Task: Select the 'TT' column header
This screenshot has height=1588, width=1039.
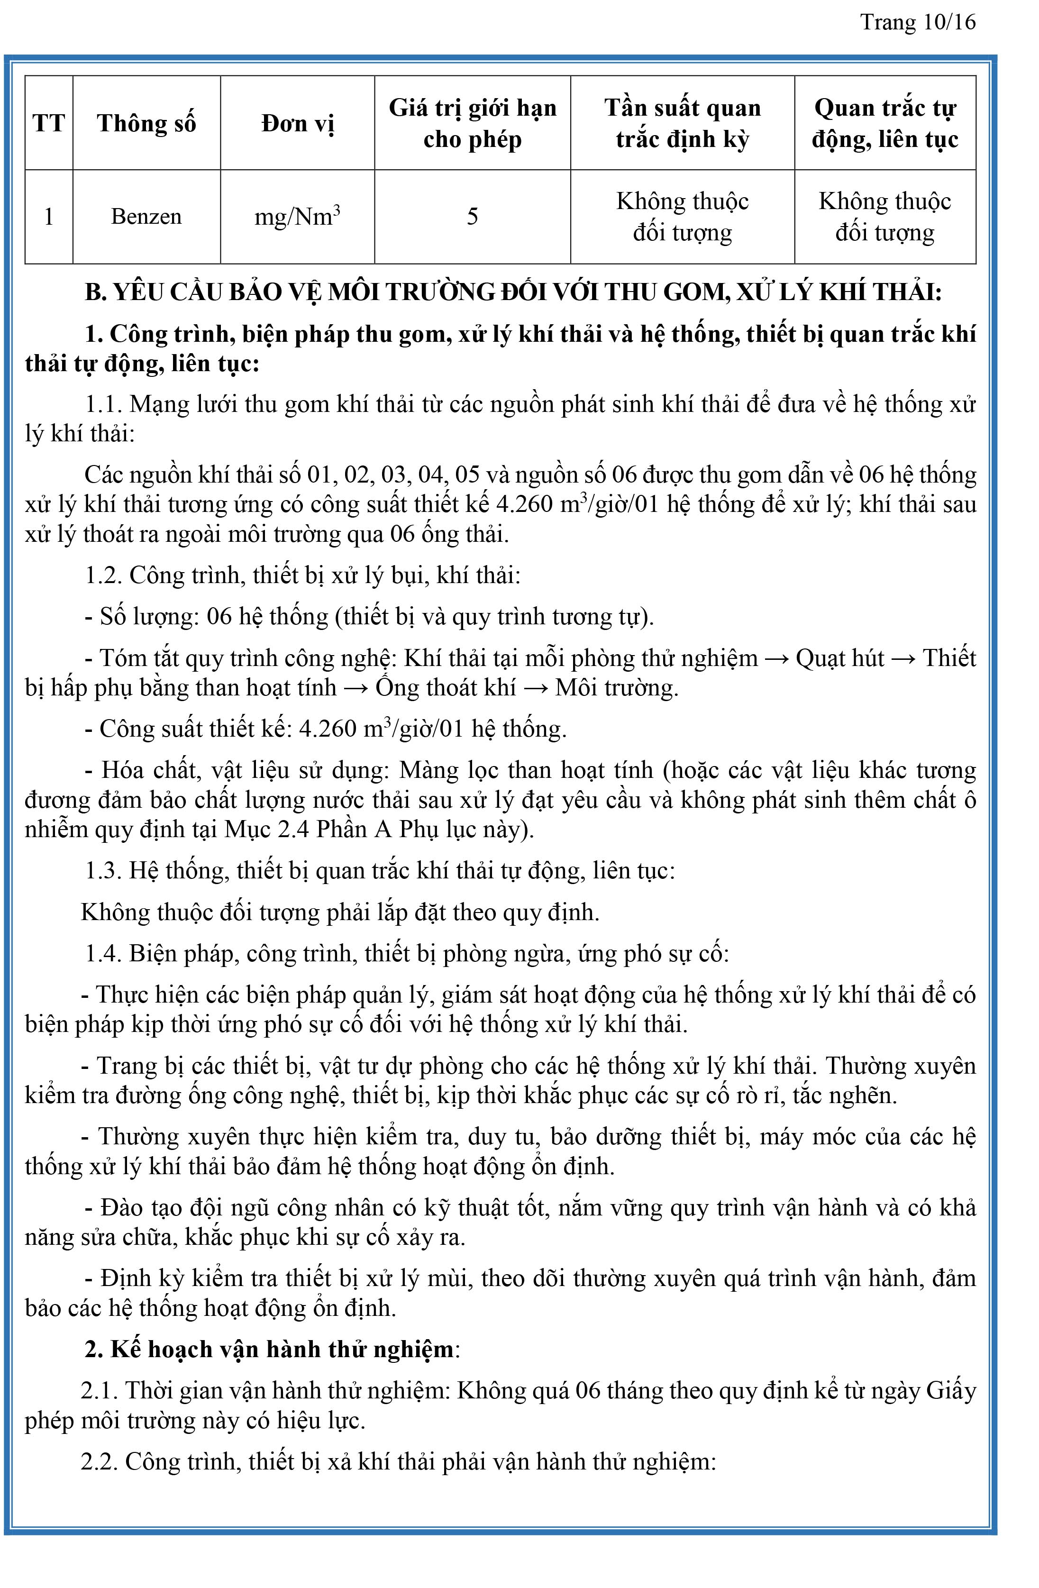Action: [x=49, y=123]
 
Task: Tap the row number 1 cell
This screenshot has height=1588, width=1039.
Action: [x=49, y=217]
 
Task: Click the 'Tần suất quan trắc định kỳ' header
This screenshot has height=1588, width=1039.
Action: [x=682, y=123]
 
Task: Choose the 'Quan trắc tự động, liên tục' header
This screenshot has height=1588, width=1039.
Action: [x=885, y=123]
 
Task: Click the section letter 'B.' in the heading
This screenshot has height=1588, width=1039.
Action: [x=95, y=293]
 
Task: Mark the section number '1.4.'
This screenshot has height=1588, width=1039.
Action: [x=103, y=953]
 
